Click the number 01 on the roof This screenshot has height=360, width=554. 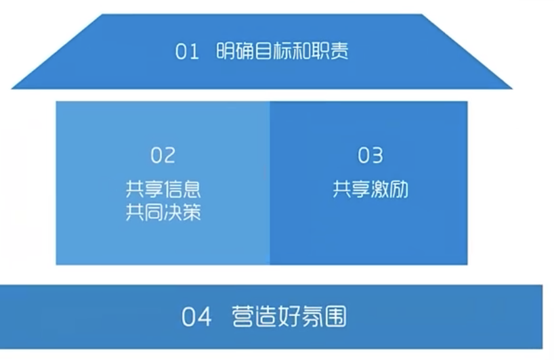[x=187, y=52]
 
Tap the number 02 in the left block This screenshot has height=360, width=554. [x=163, y=156]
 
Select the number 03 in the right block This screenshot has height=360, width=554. [x=370, y=156]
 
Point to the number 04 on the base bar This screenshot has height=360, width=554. [x=196, y=317]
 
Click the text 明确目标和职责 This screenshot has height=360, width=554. [x=282, y=52]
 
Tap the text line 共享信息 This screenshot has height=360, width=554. [x=163, y=189]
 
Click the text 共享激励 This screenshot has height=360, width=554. [x=370, y=189]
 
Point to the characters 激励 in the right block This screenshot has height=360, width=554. [x=389, y=189]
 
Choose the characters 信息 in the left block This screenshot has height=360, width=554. [x=182, y=189]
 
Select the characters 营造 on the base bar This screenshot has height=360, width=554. [x=255, y=317]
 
